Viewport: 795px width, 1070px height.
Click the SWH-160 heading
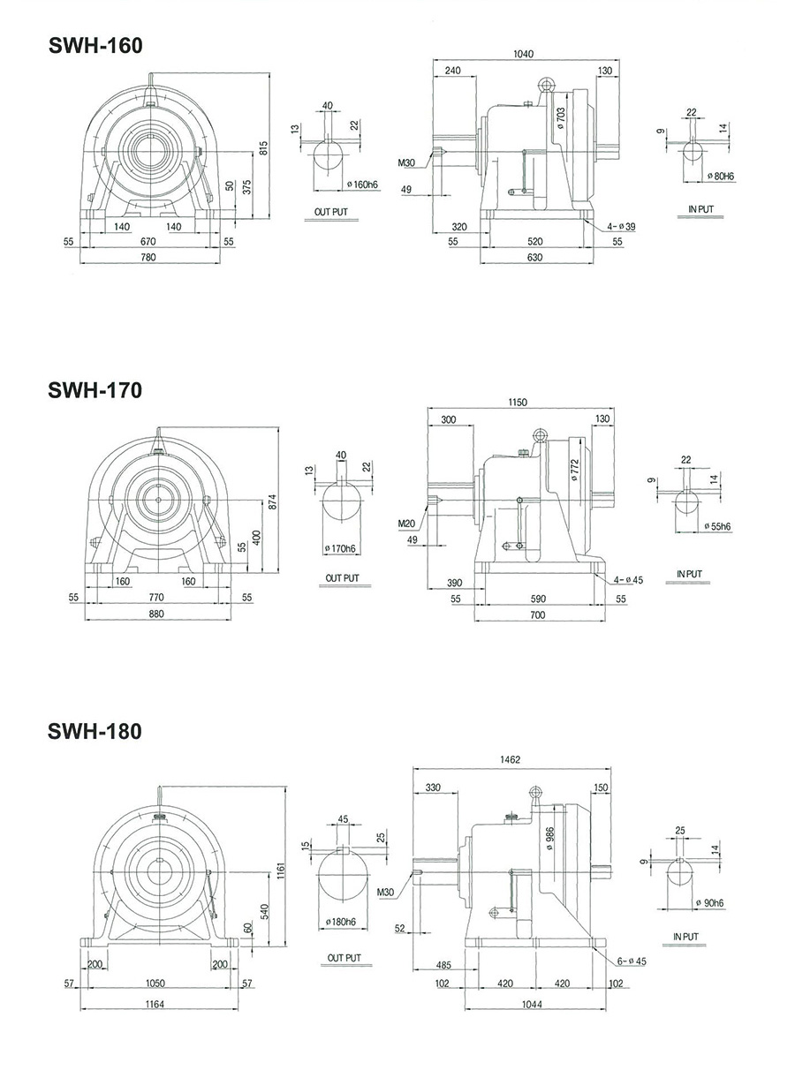(x=95, y=46)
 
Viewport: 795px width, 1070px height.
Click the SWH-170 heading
(x=95, y=389)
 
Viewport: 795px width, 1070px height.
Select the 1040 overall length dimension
(x=523, y=54)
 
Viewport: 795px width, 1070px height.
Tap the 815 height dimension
(x=262, y=148)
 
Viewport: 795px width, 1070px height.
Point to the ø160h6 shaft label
(x=361, y=184)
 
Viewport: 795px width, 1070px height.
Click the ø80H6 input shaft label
(x=721, y=177)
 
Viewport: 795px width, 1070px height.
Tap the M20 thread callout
(x=406, y=524)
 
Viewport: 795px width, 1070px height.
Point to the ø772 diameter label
(x=574, y=470)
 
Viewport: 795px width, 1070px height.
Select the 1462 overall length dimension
(x=511, y=759)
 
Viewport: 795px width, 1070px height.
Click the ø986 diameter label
(x=549, y=836)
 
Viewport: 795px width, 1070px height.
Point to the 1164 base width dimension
(x=156, y=1003)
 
